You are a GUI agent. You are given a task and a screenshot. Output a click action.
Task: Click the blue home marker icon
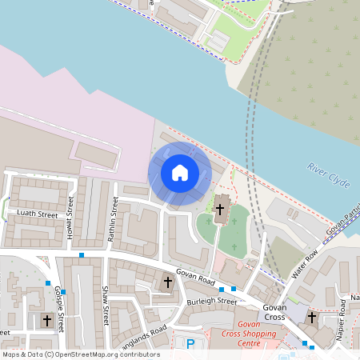[179, 173]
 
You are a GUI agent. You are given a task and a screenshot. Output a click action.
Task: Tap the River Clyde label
[328, 175]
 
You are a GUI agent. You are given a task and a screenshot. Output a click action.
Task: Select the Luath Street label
[38, 214]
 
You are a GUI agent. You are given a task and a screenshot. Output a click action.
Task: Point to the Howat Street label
[71, 217]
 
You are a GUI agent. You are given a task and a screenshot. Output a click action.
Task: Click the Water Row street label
[306, 263]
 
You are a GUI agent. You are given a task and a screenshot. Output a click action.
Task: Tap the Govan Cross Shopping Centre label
[250, 338]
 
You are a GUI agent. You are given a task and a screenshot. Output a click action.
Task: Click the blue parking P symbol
[190, 344]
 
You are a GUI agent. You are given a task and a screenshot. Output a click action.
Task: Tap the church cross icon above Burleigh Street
[167, 282]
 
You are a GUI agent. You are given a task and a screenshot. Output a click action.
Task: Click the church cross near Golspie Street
[47, 321]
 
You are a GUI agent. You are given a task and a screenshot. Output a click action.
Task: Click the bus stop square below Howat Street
[82, 255]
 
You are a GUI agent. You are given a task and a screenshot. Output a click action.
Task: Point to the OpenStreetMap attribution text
[81, 354]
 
